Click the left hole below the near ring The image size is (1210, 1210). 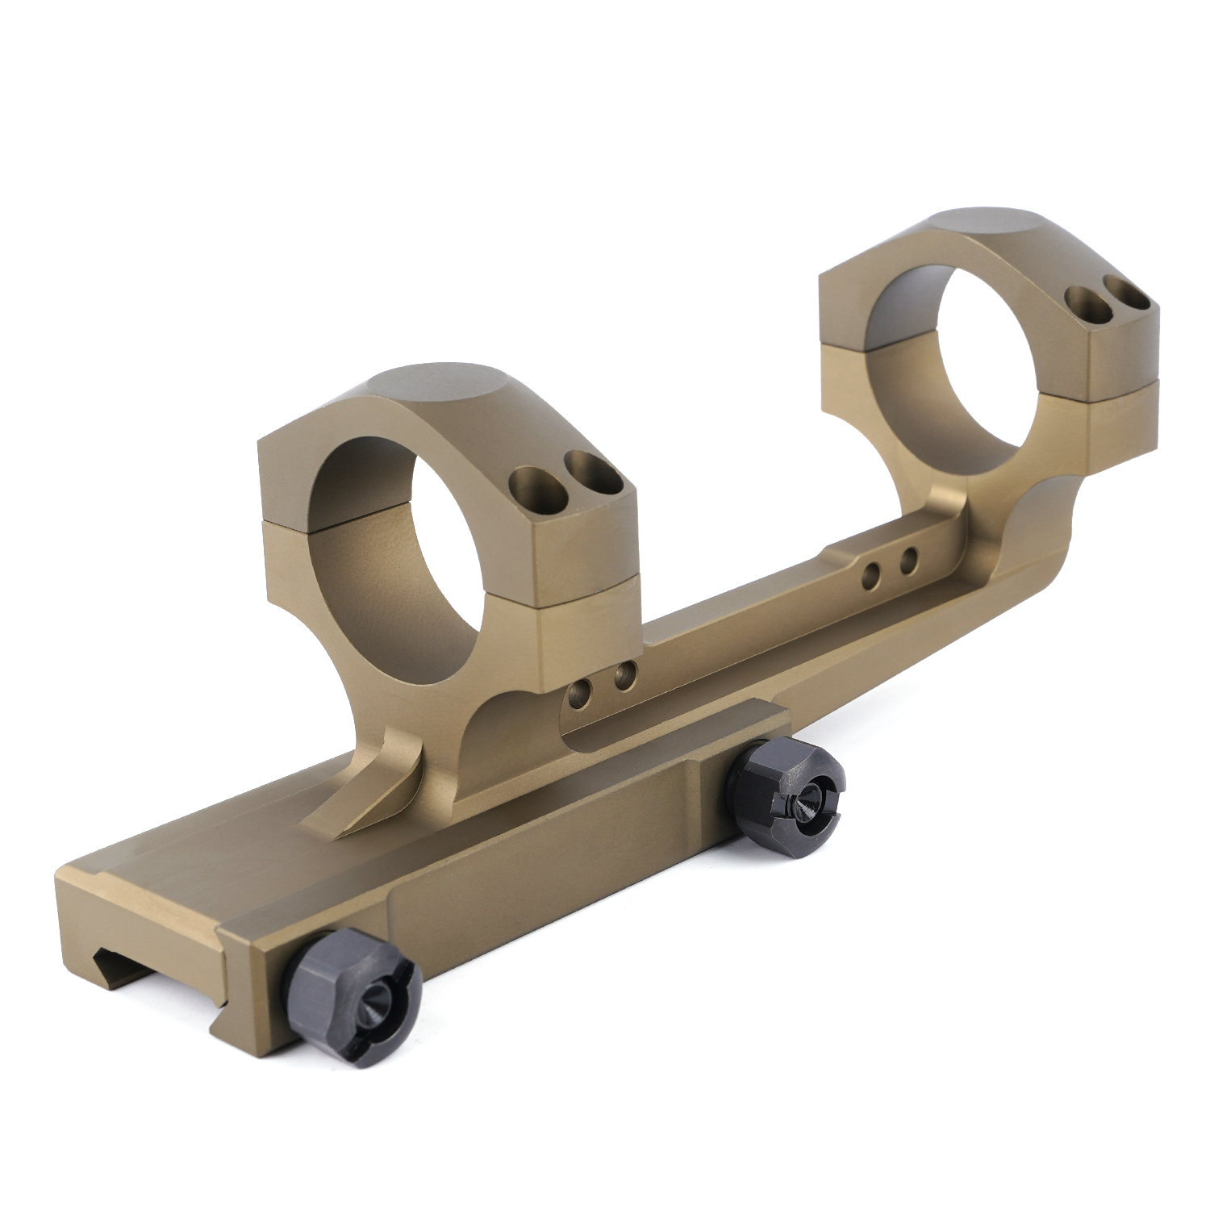(x=578, y=691)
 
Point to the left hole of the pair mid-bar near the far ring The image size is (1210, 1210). (x=871, y=574)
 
